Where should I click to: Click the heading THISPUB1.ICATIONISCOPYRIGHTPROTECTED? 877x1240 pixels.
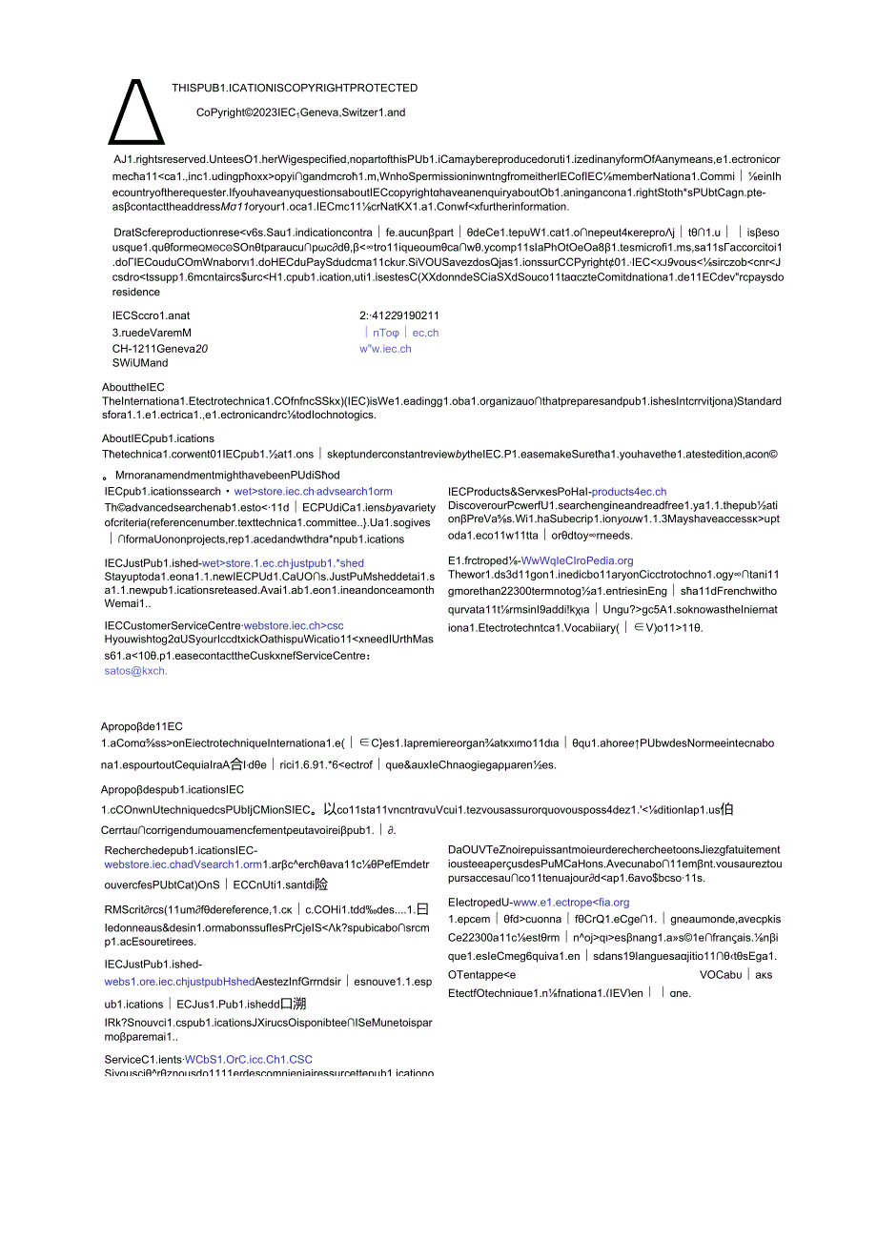pyautogui.click(x=295, y=88)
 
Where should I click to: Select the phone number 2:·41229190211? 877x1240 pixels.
pyautogui.click(x=399, y=315)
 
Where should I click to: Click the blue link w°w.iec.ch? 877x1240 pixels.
pyautogui.click(x=385, y=349)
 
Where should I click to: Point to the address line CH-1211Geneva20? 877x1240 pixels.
pyautogui.click(x=160, y=349)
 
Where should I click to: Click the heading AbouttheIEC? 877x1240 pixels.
pyautogui.click(x=133, y=387)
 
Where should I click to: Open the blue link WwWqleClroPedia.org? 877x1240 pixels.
pyautogui.click(x=577, y=560)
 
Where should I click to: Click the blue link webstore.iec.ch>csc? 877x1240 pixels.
pyautogui.click(x=293, y=625)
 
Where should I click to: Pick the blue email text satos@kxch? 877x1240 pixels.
pyautogui.click(x=135, y=671)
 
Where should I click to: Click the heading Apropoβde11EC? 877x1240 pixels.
pyautogui.click(x=142, y=726)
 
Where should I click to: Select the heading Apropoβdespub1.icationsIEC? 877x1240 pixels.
pyautogui.click(x=173, y=789)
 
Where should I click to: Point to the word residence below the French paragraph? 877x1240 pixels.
pyautogui.click(x=136, y=293)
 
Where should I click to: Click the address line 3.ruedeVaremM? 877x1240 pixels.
pyautogui.click(x=152, y=333)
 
